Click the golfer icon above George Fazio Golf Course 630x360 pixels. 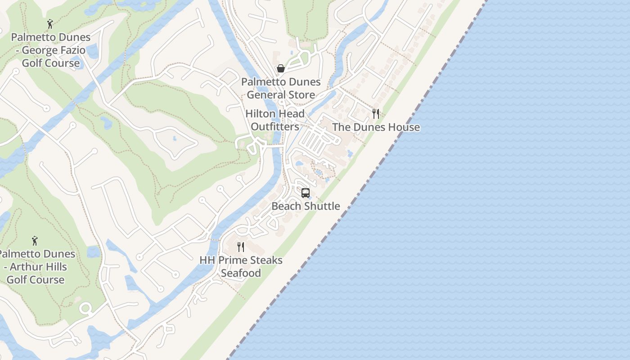[x=50, y=24]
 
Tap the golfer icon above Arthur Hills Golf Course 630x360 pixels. [x=35, y=241]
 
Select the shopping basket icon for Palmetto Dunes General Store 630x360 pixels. [x=281, y=68]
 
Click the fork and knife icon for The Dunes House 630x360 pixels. [x=376, y=114]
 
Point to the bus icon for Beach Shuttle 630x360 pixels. [x=306, y=193]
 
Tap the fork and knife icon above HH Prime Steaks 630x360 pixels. [x=241, y=247]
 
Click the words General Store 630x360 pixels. [x=281, y=94]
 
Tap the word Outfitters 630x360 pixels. [x=275, y=126]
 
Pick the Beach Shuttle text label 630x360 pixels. [x=306, y=206]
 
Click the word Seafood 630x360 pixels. [x=241, y=273]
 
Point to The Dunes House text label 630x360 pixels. [x=376, y=127]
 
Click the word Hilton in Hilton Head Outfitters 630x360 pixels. [x=260, y=113]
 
